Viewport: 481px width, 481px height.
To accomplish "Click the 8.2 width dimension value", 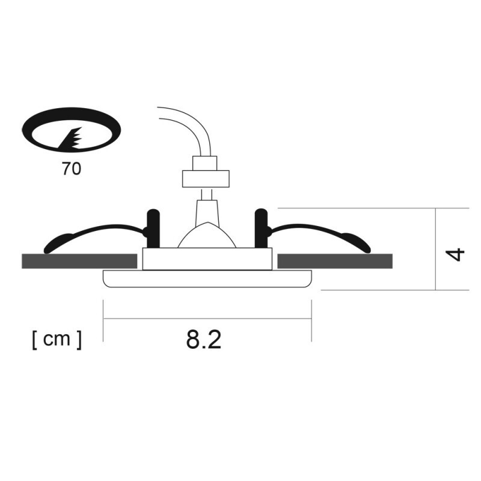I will (x=204, y=340).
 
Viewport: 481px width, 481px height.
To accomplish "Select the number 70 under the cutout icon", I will (x=71, y=169).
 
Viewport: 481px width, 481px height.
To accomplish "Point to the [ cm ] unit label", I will (x=57, y=340).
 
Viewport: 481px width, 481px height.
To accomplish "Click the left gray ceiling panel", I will (x=78, y=261).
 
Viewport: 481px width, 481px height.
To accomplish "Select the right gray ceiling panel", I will (x=335, y=261).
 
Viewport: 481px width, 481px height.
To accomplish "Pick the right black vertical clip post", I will (x=261, y=227).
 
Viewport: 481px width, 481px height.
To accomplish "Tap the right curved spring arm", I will (x=325, y=233).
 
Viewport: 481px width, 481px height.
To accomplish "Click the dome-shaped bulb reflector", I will (x=206, y=236).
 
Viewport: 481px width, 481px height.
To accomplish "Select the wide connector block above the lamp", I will (x=206, y=178).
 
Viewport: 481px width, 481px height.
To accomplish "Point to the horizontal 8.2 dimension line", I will (x=207, y=319).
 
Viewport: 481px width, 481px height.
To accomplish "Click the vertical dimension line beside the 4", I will (x=435, y=249).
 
